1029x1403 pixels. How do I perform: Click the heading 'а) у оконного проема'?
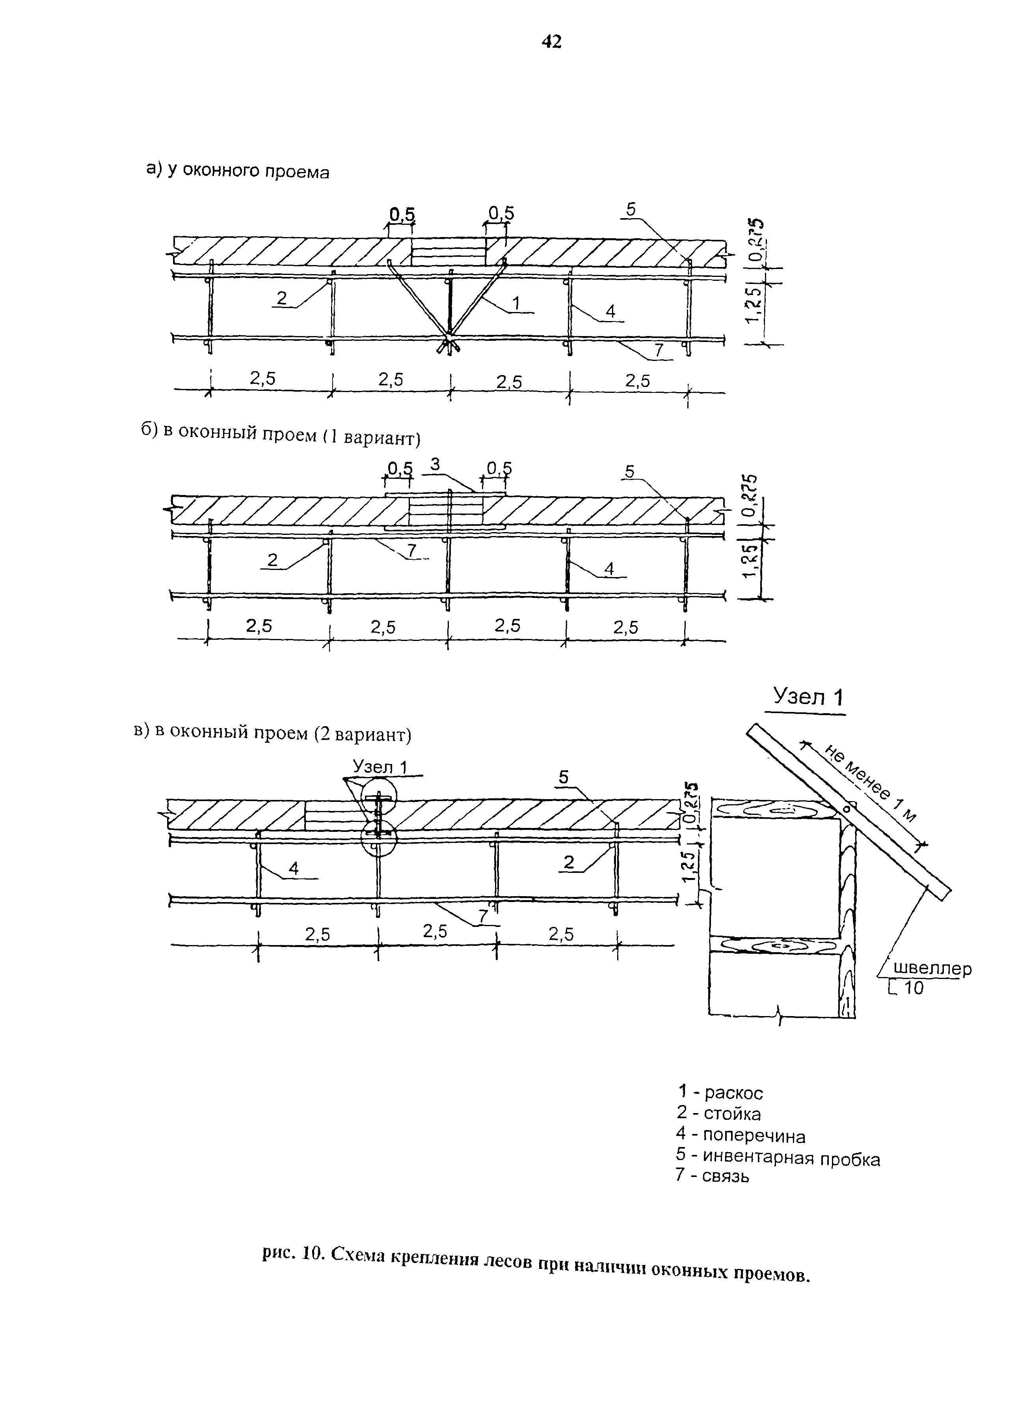click(x=237, y=170)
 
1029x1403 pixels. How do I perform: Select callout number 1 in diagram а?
click(x=516, y=303)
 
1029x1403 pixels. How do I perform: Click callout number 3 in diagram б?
click(x=435, y=464)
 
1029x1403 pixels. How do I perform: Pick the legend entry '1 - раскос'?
click(x=720, y=1093)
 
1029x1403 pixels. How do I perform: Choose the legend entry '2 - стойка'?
click(x=719, y=1113)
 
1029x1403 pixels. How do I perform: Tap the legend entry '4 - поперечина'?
click(x=741, y=1136)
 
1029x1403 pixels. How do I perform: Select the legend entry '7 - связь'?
click(x=713, y=1177)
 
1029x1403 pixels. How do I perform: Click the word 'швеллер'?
click(x=932, y=969)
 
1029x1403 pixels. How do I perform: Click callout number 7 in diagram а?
click(x=659, y=351)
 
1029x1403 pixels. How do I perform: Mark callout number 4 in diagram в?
click(x=293, y=868)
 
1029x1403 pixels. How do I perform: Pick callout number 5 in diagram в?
click(x=564, y=777)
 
